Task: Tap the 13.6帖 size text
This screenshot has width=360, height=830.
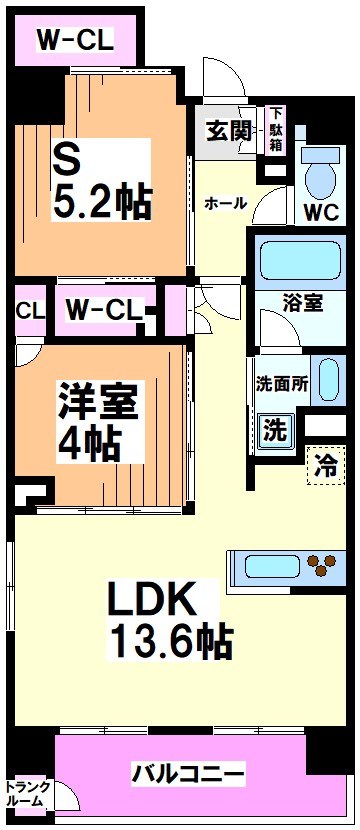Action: pos(171,640)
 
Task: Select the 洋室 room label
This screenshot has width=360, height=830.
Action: pos(97,401)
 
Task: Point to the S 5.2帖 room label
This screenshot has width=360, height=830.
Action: pos(100,181)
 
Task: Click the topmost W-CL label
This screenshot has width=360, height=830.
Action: pos(76,40)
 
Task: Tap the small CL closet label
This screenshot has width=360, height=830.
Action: pos(29,310)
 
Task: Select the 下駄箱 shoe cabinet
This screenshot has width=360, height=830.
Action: pos(275,130)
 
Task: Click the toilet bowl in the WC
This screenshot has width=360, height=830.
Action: pos(322,177)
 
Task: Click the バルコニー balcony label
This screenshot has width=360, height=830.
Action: pos(188,774)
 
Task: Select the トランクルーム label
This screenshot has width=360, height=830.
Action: pos(25,793)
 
